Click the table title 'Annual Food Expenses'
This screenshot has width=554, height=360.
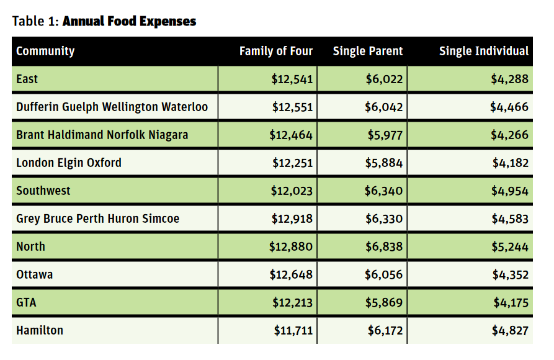[129, 21]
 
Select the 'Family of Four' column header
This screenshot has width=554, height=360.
[276, 51]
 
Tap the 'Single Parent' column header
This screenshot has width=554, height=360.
[368, 51]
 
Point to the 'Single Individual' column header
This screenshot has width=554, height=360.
[484, 51]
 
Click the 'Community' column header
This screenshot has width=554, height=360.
[45, 51]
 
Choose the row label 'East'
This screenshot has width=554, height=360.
[27, 79]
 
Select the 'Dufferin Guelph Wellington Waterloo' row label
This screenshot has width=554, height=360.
[112, 107]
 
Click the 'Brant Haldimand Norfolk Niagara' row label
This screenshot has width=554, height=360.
[102, 135]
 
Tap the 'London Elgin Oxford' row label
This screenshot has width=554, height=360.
[69, 163]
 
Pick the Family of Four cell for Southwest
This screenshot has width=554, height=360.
[292, 191]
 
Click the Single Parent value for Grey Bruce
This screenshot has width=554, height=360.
[384, 219]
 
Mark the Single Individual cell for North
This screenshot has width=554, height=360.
[510, 247]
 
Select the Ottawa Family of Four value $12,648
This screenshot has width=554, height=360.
[291, 275]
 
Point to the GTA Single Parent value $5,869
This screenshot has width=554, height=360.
[384, 303]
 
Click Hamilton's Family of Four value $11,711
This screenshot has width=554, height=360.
[293, 331]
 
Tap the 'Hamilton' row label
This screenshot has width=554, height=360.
[40, 330]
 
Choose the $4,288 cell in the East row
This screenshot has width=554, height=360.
[509, 79]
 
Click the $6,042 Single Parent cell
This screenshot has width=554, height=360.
[383, 107]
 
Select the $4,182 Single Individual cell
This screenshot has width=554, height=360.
[511, 163]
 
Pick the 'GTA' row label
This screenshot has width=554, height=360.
[26, 302]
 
